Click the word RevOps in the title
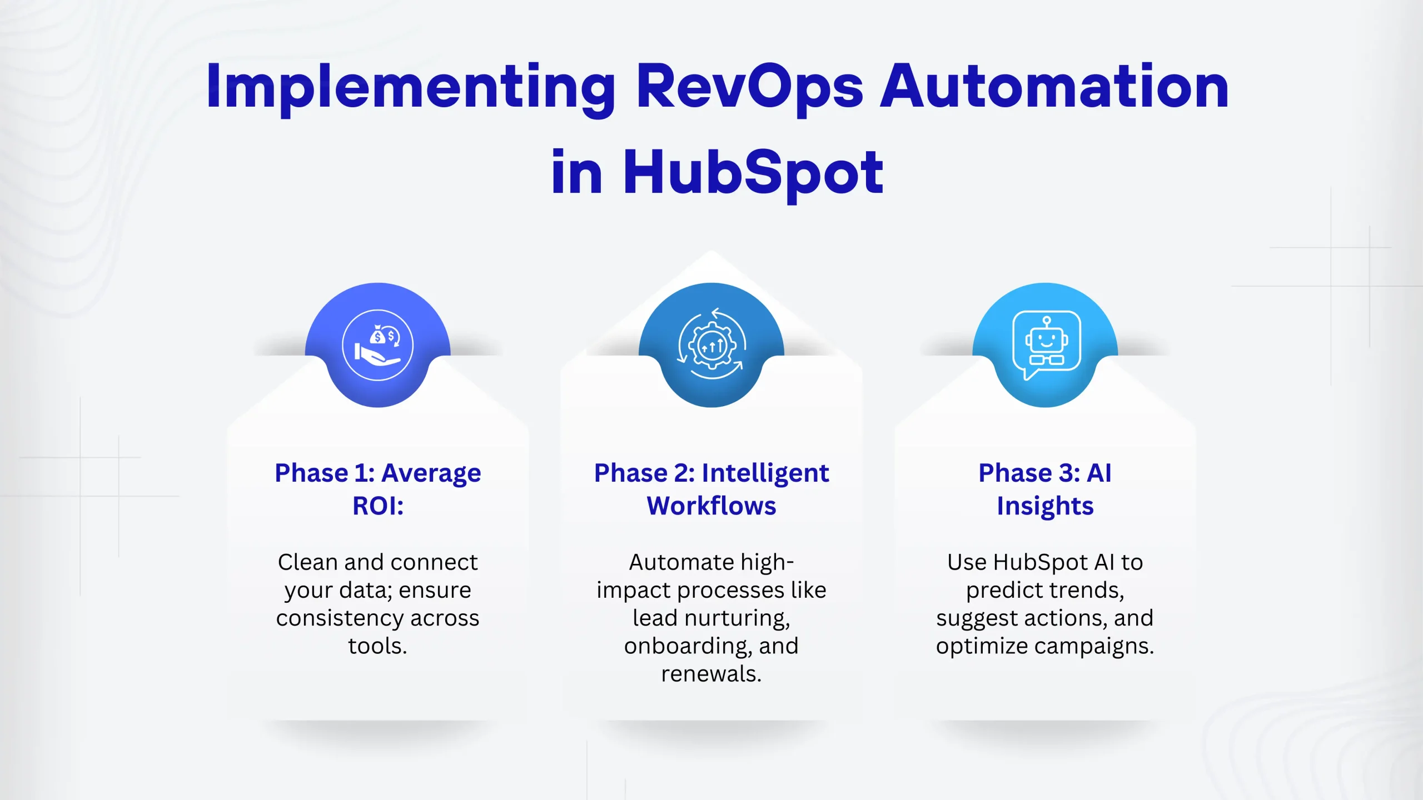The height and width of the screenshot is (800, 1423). coord(749,88)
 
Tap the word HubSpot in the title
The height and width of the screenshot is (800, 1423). coord(753,173)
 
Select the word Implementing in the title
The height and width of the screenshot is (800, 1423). coord(410,88)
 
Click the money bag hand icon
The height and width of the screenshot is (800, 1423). coord(377,345)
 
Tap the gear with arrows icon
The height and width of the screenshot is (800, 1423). coord(711,345)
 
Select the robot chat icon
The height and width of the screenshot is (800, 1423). coord(1046,345)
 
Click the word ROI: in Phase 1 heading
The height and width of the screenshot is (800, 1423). coord(378,506)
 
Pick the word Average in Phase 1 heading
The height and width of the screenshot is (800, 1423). coord(431,474)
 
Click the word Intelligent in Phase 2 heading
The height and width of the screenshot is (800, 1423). coord(765,474)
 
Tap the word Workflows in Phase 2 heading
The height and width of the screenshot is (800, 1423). coord(711,506)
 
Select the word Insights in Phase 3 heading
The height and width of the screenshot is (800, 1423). coord(1045,506)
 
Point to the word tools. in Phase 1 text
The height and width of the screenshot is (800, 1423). coord(378,646)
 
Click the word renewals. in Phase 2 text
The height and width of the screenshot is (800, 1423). coord(711,674)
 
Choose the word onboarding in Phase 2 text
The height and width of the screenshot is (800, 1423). coord(687,646)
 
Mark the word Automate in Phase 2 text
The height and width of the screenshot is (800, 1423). coord(674,562)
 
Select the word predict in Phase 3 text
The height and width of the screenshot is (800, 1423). coord(997,590)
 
